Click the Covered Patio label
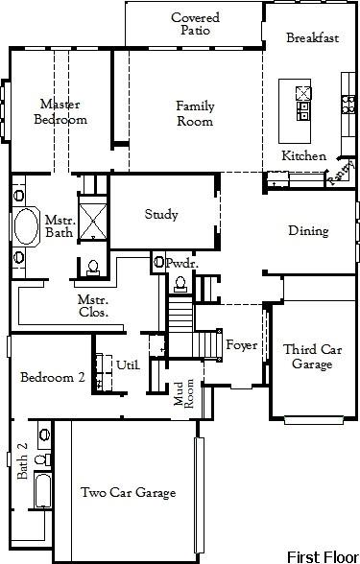(x=195, y=24)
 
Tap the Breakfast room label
(x=314, y=38)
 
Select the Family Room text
(x=195, y=114)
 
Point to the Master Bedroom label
(x=60, y=112)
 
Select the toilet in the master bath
(x=93, y=266)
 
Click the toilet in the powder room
(x=179, y=282)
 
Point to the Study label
(x=161, y=215)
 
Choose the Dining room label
(x=308, y=231)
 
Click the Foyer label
(x=241, y=345)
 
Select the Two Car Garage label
(x=128, y=493)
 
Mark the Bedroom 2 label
(x=54, y=378)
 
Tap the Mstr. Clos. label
(x=93, y=306)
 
